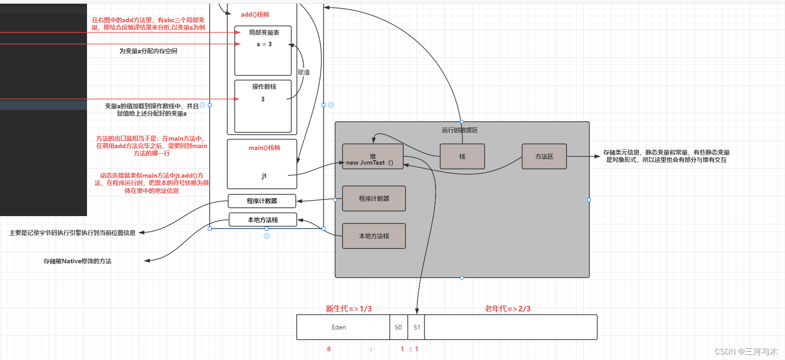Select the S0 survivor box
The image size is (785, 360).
point(398,327)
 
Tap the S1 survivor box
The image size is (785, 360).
point(417,327)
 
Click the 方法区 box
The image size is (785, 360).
point(544,156)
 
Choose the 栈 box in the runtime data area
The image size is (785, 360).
point(462,156)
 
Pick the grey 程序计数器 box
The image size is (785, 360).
point(374,199)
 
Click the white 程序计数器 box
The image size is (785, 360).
point(262,201)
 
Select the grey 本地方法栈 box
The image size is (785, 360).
point(374,236)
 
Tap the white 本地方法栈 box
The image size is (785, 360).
point(262,220)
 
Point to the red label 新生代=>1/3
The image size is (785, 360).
point(349,309)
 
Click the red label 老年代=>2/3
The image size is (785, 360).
point(507,309)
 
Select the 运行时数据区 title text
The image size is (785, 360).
point(460,130)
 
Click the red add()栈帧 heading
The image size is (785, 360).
point(255,14)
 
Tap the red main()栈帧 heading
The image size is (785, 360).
point(264,148)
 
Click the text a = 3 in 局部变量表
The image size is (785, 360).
point(264,44)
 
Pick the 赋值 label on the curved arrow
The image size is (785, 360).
point(304,72)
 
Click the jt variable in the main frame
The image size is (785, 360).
point(264,176)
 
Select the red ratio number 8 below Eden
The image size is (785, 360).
point(329,349)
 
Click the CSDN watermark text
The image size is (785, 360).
point(746,352)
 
